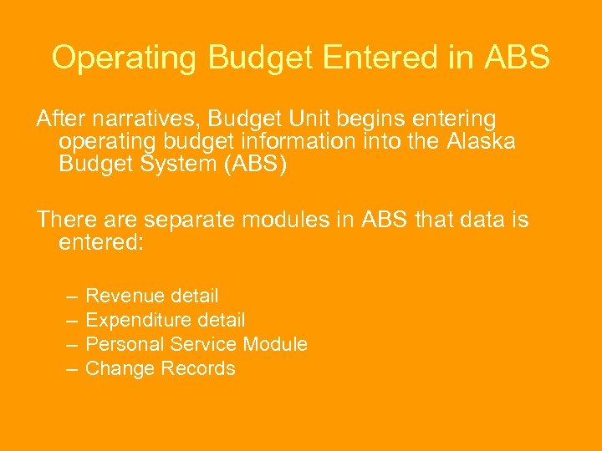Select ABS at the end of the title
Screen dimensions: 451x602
coord(516,58)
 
